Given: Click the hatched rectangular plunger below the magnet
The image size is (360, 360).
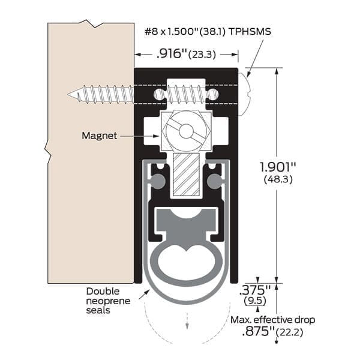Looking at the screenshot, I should point(185,174).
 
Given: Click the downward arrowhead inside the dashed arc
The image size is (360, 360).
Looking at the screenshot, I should point(187,326).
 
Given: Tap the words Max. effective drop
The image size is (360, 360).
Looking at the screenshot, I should point(272,320).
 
